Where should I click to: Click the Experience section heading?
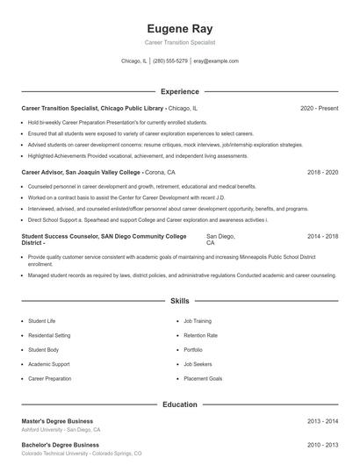[180, 91]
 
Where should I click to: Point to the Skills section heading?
[180, 301]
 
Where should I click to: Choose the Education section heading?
[180, 404]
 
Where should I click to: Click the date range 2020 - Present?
[319, 108]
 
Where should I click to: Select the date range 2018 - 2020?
[322, 173]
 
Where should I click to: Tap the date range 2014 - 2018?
[322, 237]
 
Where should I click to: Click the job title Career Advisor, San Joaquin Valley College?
[81, 173]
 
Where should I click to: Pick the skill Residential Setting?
[49, 335]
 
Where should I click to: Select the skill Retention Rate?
[201, 335]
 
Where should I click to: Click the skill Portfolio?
[193, 349]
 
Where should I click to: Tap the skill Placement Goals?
[203, 378]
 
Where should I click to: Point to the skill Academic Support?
[48, 364]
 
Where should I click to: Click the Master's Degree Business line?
[57, 421]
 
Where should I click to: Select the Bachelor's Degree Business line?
[59, 445]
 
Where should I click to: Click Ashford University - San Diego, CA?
[61, 430]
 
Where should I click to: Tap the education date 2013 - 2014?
[322, 421]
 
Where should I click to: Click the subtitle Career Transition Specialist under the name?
[180, 42]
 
